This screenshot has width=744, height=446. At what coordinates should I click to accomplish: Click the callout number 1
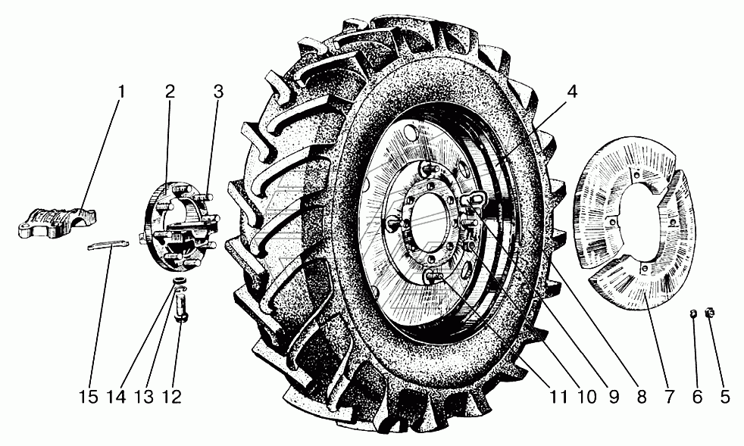click(121, 91)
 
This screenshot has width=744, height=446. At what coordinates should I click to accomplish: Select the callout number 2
click(170, 91)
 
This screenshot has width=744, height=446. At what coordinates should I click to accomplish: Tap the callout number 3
click(217, 91)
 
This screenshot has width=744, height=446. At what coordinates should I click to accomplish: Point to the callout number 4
click(572, 92)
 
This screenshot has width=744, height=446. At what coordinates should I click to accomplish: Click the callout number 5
click(724, 397)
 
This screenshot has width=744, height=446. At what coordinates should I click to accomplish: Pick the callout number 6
click(696, 397)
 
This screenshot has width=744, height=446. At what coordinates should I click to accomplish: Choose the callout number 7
click(669, 397)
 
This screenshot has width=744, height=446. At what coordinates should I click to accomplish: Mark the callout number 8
click(642, 397)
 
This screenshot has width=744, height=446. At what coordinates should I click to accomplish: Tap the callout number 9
click(614, 397)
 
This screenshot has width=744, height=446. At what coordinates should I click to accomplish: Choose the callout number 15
click(88, 397)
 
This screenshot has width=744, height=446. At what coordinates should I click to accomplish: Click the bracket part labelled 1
click(57, 222)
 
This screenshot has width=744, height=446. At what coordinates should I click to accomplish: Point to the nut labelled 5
click(711, 312)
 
